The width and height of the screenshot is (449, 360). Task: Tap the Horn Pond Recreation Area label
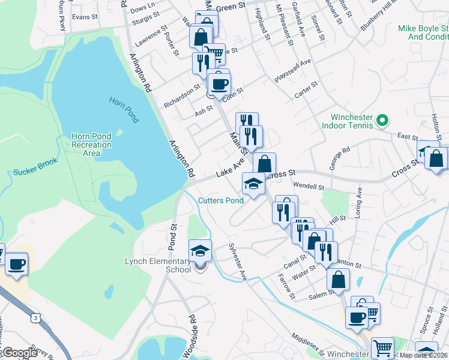[91, 145]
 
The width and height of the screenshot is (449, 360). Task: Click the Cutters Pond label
[221, 200]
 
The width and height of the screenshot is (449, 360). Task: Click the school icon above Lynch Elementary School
[200, 251]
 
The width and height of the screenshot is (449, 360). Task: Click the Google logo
[19, 352]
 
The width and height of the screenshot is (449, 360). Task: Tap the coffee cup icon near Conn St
[218, 83]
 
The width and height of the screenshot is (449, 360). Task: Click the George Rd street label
[339, 158]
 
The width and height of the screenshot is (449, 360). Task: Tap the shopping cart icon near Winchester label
[382, 347]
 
